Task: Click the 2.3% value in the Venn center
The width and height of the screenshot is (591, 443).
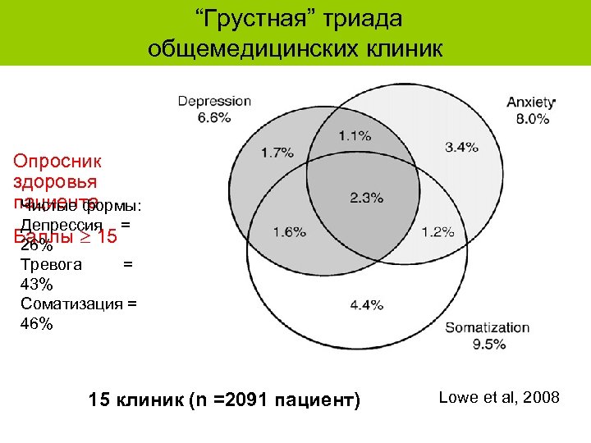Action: (366, 197)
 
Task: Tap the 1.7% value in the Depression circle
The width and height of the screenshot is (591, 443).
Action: (277, 152)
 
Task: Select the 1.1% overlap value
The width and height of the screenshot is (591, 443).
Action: (354, 135)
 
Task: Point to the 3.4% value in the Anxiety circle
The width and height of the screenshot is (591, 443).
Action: (461, 147)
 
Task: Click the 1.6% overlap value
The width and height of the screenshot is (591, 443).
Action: (289, 232)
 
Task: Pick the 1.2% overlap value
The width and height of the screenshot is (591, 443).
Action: (438, 232)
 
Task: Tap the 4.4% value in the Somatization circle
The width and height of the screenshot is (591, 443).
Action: (366, 304)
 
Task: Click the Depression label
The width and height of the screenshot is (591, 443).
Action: (215, 102)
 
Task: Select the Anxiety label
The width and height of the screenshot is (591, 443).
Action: (530, 103)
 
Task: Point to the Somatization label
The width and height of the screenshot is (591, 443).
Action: (487, 328)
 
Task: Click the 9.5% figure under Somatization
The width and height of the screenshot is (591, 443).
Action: (488, 344)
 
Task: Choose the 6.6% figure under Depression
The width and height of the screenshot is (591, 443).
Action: (214, 117)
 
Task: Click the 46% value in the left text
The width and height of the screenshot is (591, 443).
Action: (36, 323)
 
